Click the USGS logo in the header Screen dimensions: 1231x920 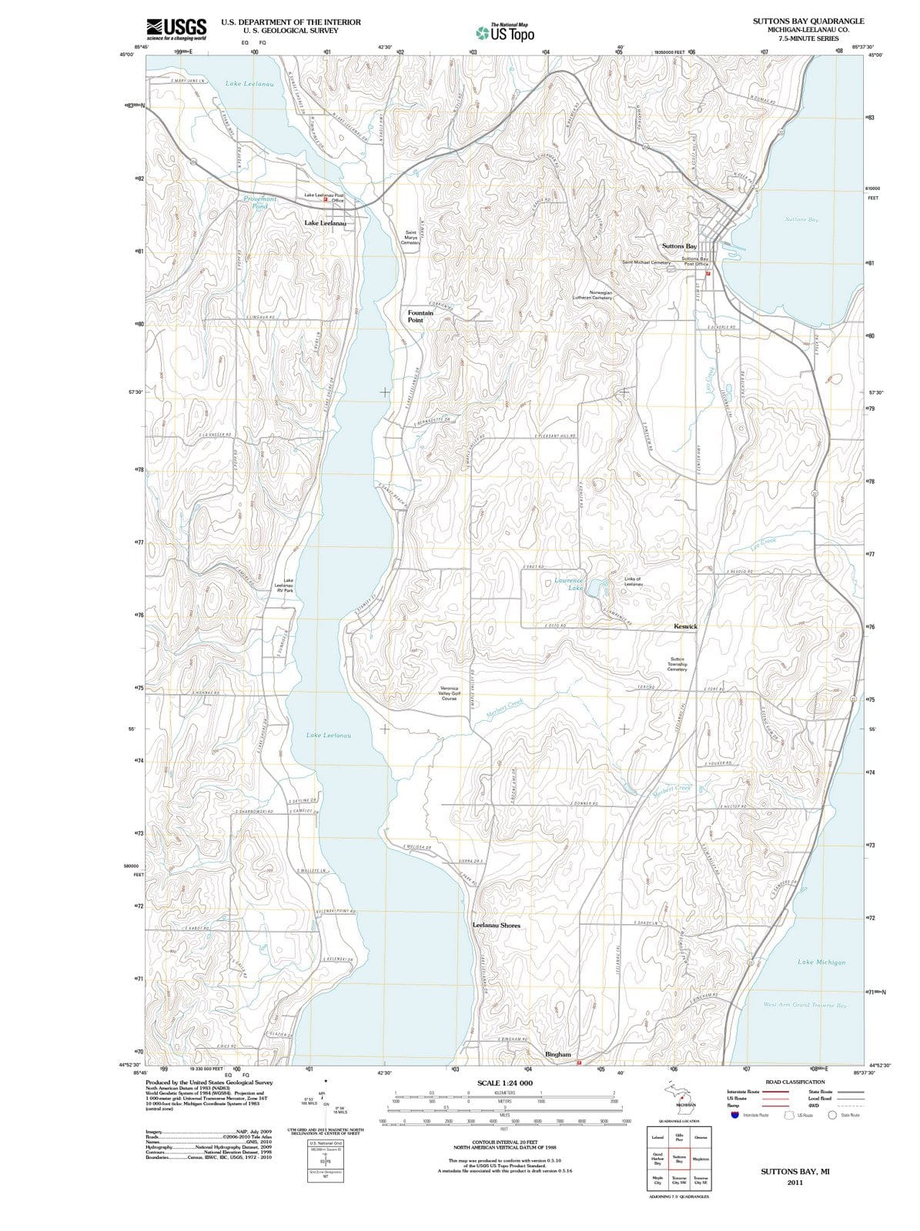(176, 28)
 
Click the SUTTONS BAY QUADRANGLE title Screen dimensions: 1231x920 (808, 22)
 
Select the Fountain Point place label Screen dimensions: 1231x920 (420, 316)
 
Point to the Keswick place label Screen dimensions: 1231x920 (685, 626)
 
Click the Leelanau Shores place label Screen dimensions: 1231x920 (496, 926)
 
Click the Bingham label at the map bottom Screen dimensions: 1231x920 (558, 1054)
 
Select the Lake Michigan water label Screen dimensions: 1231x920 (821, 962)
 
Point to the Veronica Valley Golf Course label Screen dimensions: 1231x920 (449, 693)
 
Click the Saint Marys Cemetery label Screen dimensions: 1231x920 (411, 237)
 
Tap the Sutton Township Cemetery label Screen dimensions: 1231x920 (677, 664)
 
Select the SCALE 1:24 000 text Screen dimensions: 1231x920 (505, 1083)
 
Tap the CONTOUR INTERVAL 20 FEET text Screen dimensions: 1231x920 (504, 1141)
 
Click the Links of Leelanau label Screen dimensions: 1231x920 (633, 582)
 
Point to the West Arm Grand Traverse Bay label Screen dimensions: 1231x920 (805, 1005)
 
